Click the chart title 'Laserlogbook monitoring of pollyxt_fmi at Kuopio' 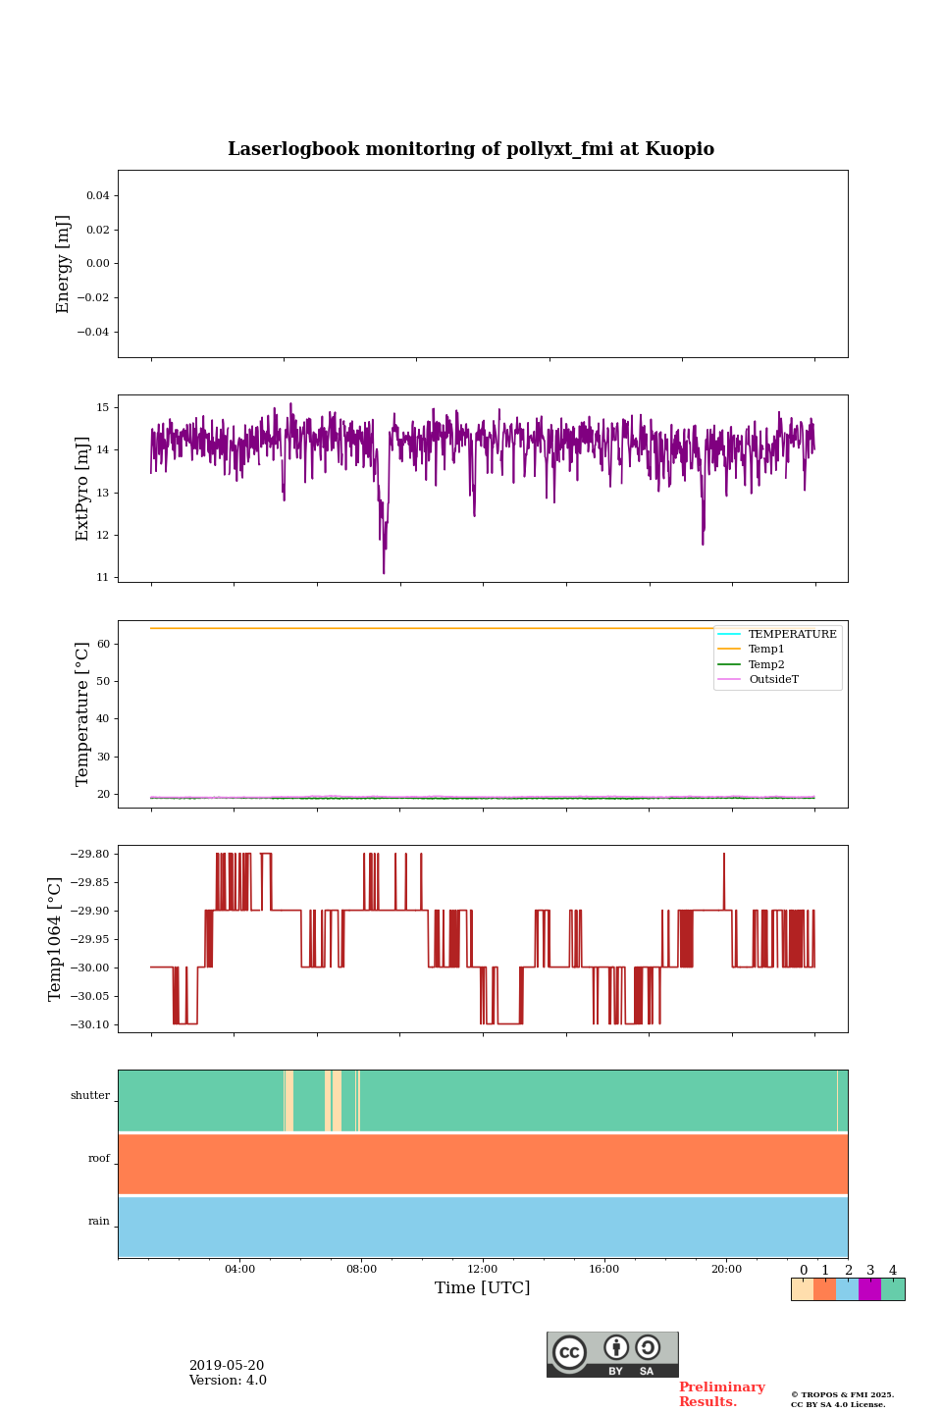471,149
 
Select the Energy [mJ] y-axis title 64,264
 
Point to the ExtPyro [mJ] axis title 82,489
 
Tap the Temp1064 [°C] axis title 56,939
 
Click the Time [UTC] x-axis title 482,1288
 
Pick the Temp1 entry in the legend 765,650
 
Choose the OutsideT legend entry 773,680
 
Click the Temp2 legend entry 765,665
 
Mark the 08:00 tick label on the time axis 361,1270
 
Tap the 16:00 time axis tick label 604,1270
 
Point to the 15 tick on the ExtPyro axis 102,407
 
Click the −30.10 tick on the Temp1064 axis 89,1024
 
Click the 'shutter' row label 90,1096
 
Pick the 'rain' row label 99,1222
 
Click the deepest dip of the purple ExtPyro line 384,571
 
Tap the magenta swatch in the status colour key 869,1289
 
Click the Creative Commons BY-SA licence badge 612,1354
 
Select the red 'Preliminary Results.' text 721,1394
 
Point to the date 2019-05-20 227,1366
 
